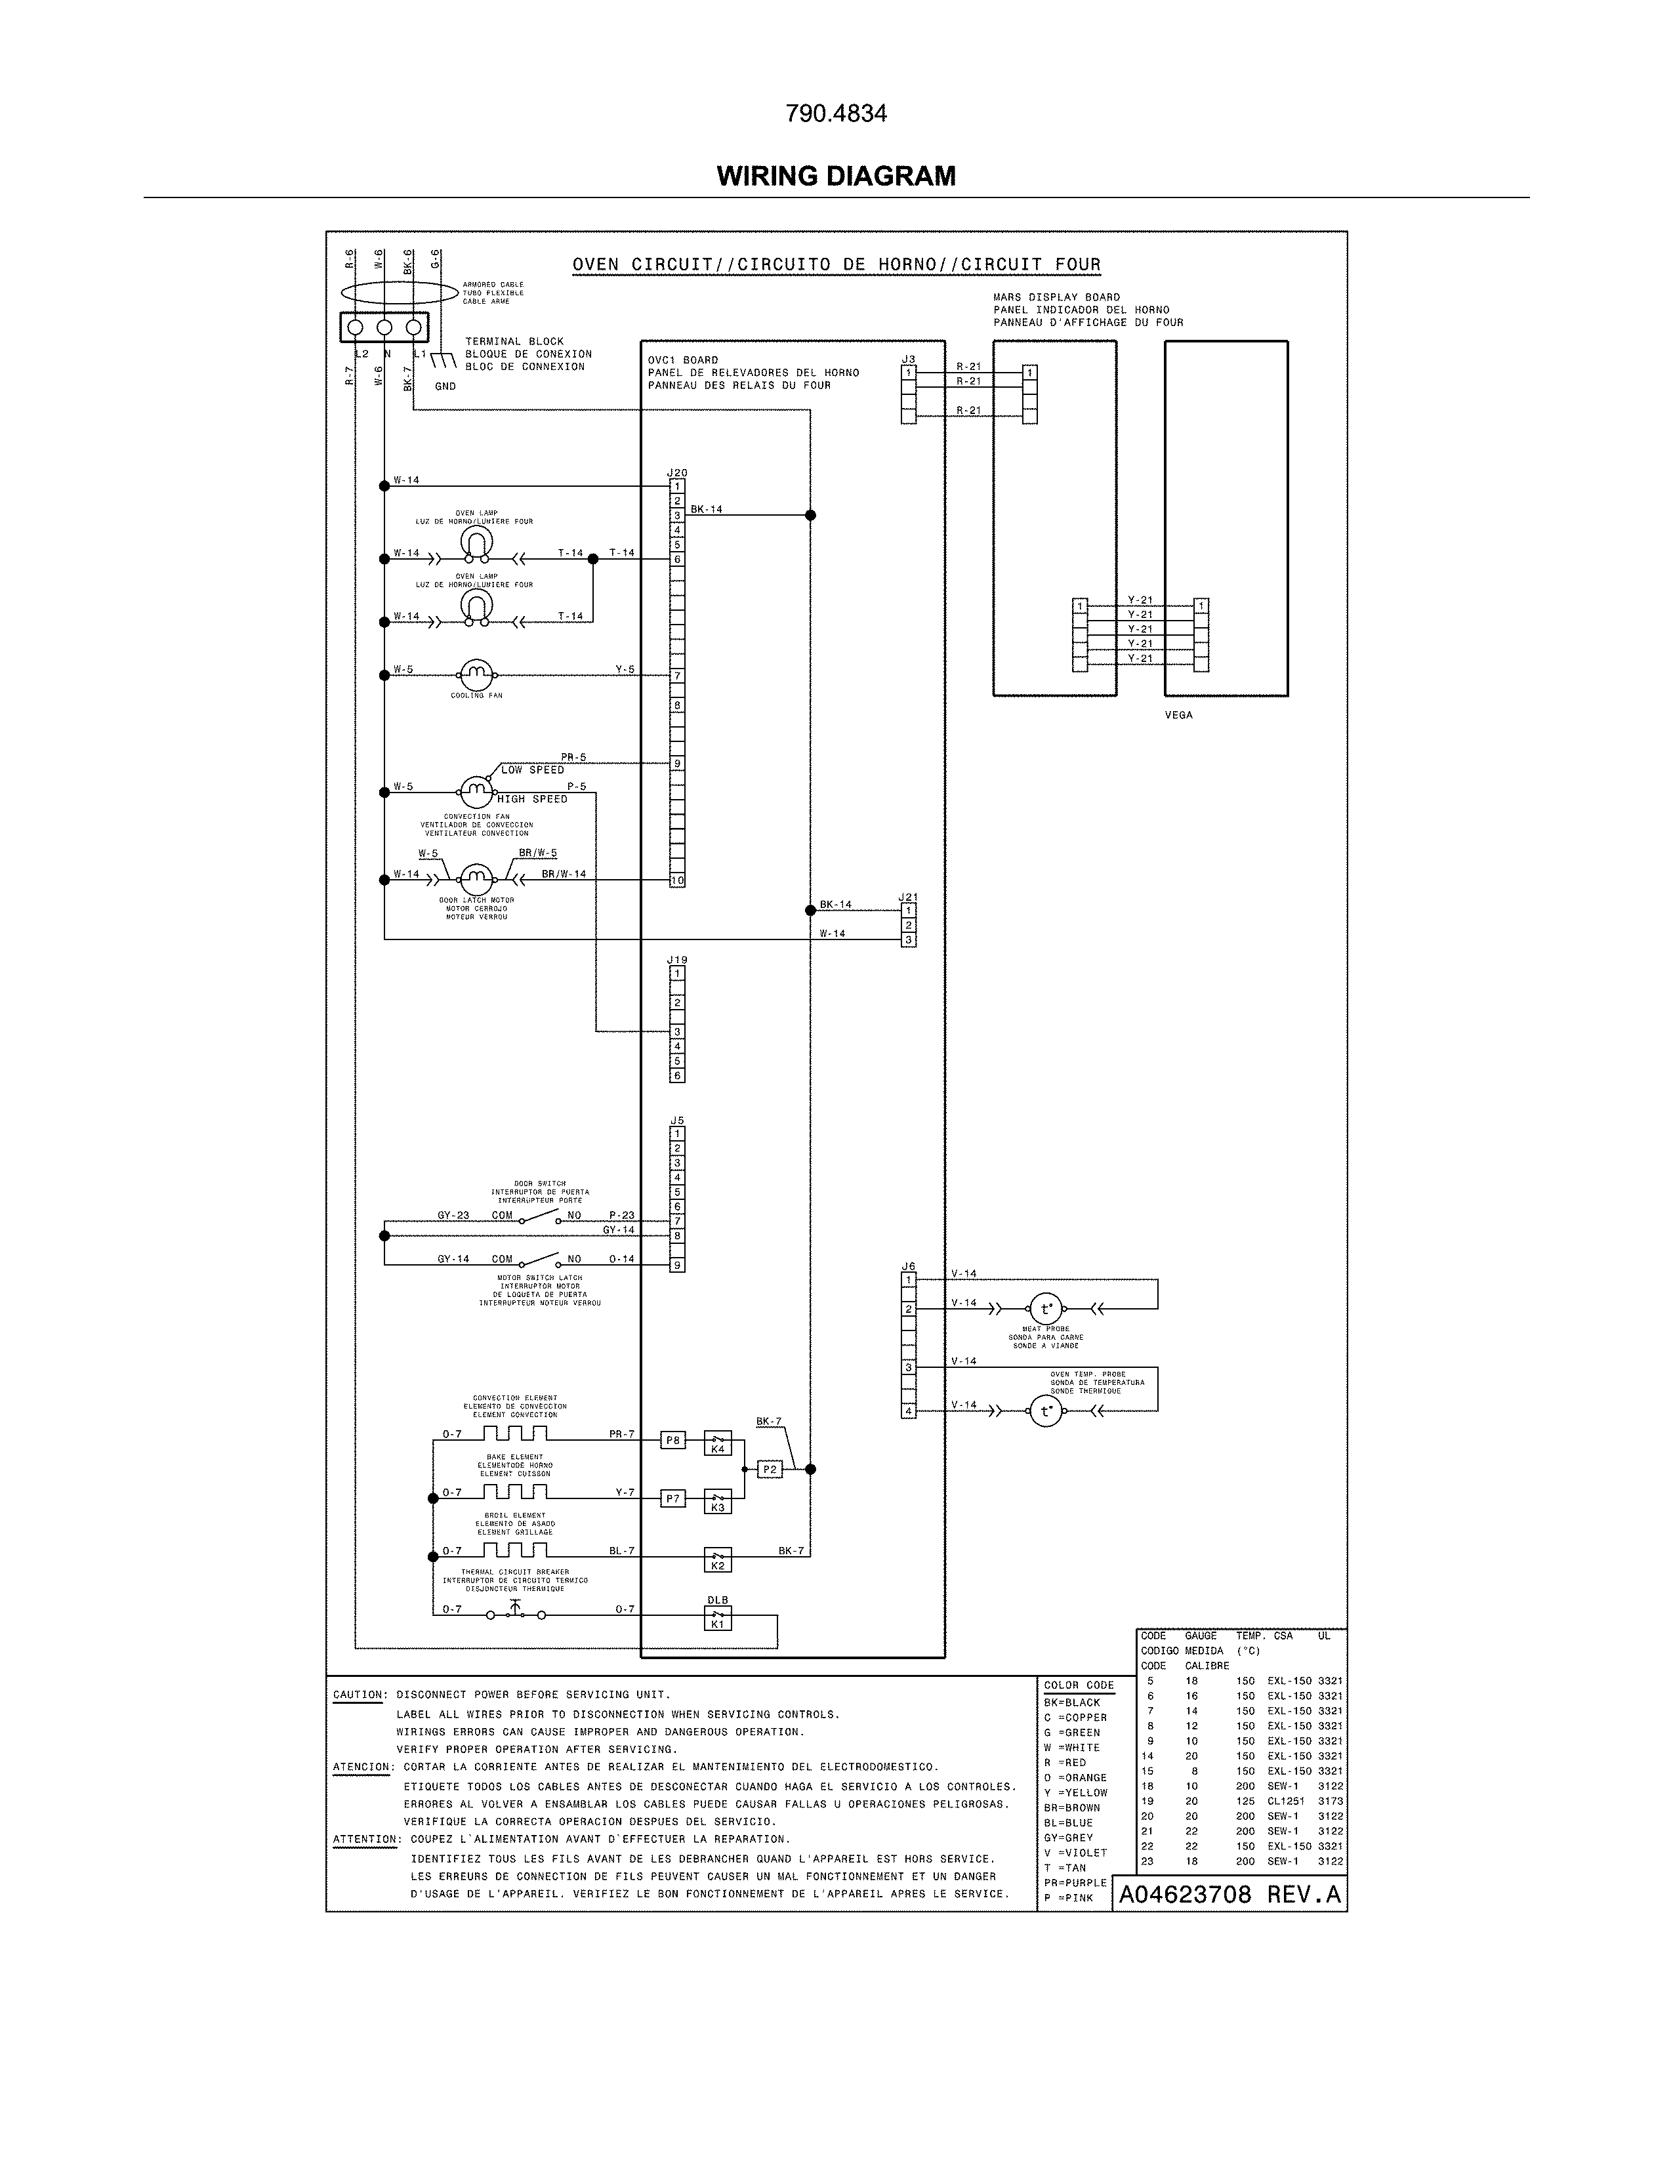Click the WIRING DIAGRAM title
point(835,176)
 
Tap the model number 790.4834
point(835,114)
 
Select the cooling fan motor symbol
point(477,675)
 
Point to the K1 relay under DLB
point(718,1619)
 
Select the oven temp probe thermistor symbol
point(1046,1411)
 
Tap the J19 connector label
point(677,960)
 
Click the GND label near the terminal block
point(445,386)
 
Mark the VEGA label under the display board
point(1178,714)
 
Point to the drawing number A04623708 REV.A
point(1229,1895)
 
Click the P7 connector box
point(673,1499)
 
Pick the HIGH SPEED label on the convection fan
point(533,799)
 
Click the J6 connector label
point(908,1266)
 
